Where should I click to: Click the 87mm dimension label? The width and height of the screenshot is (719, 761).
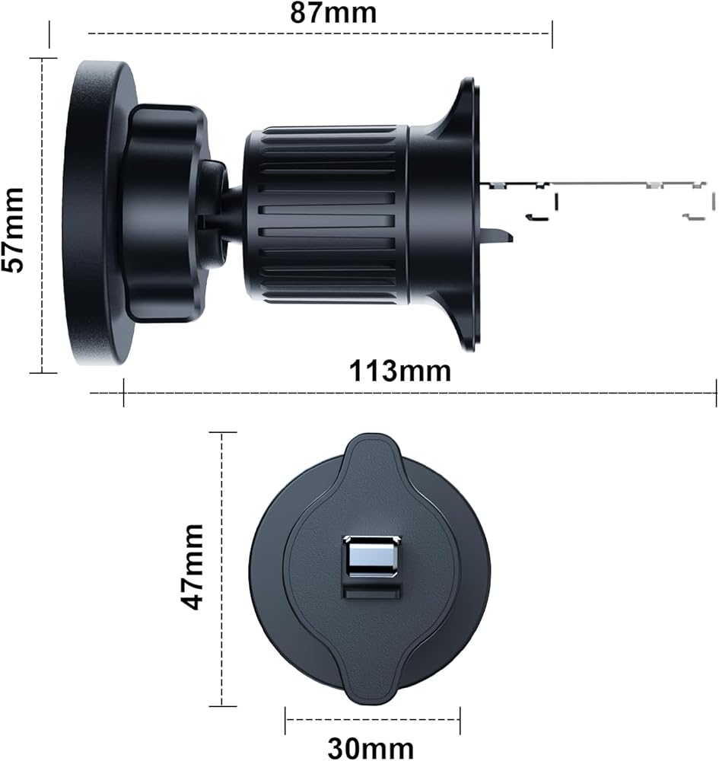[x=333, y=13]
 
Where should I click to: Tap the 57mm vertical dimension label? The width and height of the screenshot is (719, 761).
[x=13, y=230]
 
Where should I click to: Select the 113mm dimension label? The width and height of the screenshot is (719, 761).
[x=399, y=371]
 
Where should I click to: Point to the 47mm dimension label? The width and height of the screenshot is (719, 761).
[x=192, y=567]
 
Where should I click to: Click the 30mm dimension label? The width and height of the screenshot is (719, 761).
[x=371, y=748]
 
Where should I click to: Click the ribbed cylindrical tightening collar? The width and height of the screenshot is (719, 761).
[x=326, y=215]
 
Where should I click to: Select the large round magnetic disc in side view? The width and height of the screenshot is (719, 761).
[x=100, y=212]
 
